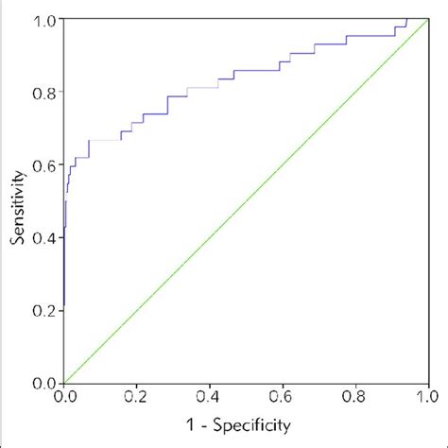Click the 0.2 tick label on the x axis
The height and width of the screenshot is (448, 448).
(x=137, y=398)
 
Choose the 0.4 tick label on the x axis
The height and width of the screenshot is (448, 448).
(x=210, y=398)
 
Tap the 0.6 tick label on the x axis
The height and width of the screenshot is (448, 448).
(x=283, y=398)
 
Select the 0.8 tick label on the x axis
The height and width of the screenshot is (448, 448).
(x=355, y=398)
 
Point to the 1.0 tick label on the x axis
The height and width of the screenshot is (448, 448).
(x=426, y=398)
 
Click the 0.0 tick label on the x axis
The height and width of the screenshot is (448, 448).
(x=64, y=398)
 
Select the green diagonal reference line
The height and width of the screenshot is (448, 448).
(x=246, y=200)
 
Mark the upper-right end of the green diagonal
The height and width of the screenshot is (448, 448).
(x=426, y=20)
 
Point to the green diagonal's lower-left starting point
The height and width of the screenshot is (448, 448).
(x=65, y=382)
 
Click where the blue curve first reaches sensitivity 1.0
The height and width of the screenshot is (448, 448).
(x=406, y=19)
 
